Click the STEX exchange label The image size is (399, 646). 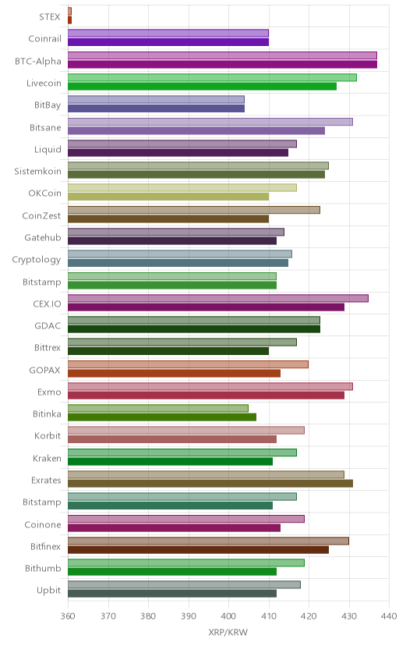pos(49,17)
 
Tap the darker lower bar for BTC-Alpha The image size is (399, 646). pos(222,64)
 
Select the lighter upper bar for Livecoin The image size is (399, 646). pos(212,77)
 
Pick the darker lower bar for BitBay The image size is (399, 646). pos(156,108)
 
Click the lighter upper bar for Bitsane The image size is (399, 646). pos(210,122)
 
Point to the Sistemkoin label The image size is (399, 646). pos(37,172)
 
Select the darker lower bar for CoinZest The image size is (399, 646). pos(168,218)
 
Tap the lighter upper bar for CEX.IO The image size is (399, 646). pos(218,298)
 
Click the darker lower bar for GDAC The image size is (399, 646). pos(194,328)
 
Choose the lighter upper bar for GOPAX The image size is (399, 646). pos(188,364)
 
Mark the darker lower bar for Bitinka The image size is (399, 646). pos(162,417)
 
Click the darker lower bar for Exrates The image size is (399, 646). pos(210,483)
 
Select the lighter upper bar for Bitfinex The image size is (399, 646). pos(208,541)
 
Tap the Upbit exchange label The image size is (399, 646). pos(48,591)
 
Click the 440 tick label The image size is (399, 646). pos(389,616)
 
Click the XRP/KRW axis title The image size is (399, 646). pos(228,633)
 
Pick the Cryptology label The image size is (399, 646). pos(36,260)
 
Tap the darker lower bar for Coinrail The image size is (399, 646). pos(168,42)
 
